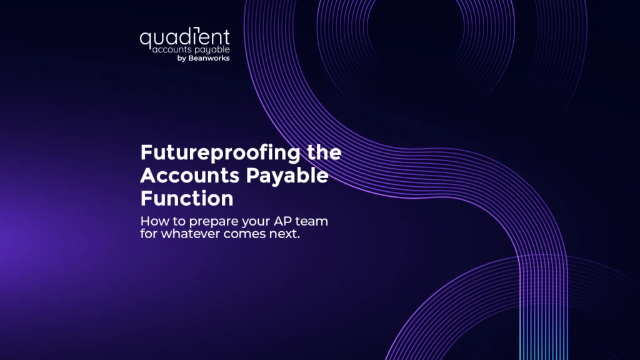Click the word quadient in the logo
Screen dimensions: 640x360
click(x=185, y=38)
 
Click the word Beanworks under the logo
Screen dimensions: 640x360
click(x=209, y=58)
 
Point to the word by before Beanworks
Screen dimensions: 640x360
click(x=182, y=58)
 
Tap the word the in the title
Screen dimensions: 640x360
click(x=324, y=152)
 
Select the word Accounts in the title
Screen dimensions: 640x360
click(x=190, y=176)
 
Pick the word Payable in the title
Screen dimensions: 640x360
click(x=287, y=176)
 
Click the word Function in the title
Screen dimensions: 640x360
click(x=187, y=198)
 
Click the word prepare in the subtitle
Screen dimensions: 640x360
click(x=214, y=222)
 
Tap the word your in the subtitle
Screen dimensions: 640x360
click(x=256, y=223)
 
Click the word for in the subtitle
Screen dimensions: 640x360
click(x=149, y=234)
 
